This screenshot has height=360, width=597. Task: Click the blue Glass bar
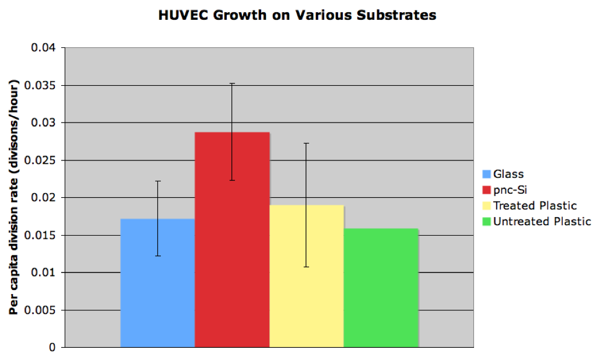tap(157, 283)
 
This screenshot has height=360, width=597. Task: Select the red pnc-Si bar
tap(232, 240)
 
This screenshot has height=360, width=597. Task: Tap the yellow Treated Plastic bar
tap(307, 276)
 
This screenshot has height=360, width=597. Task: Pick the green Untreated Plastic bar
tap(381, 288)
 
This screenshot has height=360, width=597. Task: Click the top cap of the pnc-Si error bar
tap(232, 83)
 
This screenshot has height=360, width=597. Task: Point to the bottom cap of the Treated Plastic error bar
tap(307, 267)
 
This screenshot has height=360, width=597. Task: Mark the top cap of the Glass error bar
tap(158, 181)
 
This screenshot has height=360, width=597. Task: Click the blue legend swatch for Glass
tap(486, 174)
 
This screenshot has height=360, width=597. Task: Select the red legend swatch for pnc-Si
tap(486, 190)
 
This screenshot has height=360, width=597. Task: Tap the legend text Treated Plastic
tap(535, 206)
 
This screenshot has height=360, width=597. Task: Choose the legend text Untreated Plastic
tap(542, 221)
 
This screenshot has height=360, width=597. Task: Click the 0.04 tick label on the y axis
tap(43, 48)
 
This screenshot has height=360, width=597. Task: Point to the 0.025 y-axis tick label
tap(40, 160)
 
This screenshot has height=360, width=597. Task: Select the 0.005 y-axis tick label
tap(40, 310)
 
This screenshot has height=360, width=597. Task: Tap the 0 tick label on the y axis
tap(52, 347)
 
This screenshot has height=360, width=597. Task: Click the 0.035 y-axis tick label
tap(40, 85)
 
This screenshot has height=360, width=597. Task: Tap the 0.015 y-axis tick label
tap(40, 235)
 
